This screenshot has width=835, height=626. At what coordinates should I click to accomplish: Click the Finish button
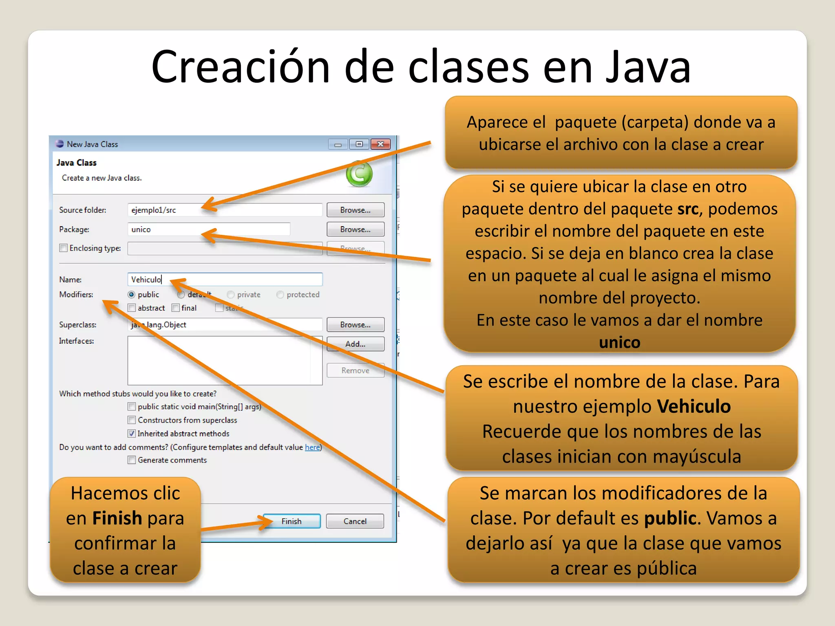coord(292,521)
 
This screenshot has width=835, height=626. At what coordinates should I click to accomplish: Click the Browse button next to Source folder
coord(355,210)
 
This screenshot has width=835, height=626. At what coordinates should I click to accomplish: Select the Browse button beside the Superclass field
coord(355,325)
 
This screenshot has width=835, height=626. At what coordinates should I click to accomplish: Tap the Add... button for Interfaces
coord(355,344)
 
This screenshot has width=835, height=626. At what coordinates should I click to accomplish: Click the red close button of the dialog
coord(380,144)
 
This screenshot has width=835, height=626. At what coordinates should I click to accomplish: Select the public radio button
coord(132,295)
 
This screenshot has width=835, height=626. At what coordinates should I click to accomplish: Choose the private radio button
coord(231,295)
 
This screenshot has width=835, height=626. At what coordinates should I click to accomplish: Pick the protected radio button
coord(280,295)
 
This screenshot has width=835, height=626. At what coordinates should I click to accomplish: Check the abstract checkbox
coord(132,308)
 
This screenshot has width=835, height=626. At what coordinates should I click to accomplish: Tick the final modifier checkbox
coord(176,308)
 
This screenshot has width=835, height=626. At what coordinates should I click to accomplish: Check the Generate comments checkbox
coord(132,460)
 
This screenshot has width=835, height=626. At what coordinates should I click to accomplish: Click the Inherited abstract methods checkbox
coord(132,434)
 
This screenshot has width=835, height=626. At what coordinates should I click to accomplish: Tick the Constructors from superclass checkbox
coord(132,420)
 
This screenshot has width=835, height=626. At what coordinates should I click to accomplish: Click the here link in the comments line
coord(312,447)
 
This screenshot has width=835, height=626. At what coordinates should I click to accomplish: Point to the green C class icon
coord(359,174)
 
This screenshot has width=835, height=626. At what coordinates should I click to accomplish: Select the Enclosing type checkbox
coord(64,248)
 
